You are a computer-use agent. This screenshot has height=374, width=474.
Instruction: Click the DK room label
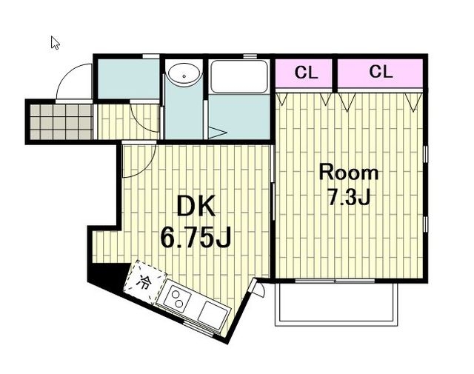tap(196, 206)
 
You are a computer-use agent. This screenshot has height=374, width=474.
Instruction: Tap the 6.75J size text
tap(196, 237)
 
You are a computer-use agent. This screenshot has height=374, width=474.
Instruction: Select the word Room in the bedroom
tap(349, 173)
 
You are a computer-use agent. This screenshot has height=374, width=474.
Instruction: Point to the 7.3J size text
tap(349, 198)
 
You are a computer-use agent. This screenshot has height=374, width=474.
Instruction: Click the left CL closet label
tap(306, 73)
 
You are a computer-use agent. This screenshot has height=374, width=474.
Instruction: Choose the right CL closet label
tap(381, 72)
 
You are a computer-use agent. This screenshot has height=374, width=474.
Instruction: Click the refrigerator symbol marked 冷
tap(145, 282)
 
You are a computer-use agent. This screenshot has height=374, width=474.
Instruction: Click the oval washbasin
tap(184, 74)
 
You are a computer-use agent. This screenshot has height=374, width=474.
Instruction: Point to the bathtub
tap(239, 76)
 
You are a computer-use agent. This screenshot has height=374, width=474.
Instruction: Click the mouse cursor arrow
tap(55, 42)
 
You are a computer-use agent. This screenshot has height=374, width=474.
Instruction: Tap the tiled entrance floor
tap(61, 122)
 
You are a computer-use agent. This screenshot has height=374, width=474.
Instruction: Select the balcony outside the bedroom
tap(336, 304)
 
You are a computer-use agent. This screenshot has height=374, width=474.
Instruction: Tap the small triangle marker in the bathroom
tap(216, 133)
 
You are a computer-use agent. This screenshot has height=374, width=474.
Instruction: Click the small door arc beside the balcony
tap(260, 290)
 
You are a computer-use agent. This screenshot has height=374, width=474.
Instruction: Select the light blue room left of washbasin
tap(128, 79)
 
